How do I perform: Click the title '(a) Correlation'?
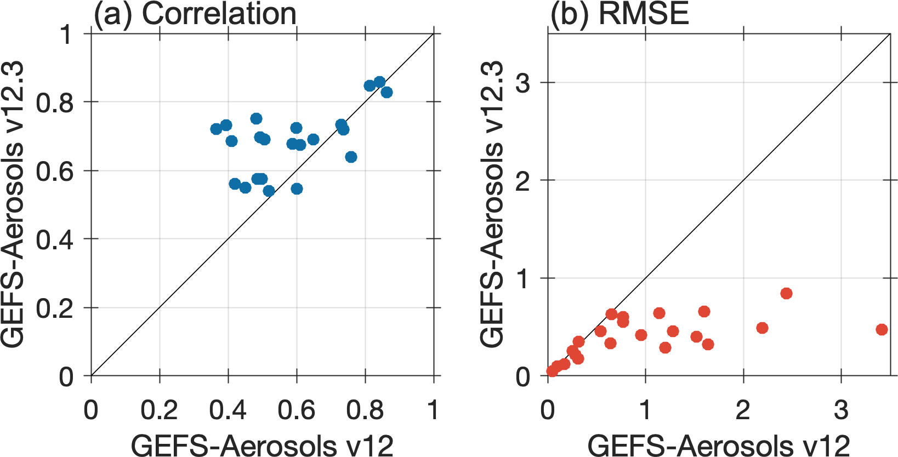click(195, 14)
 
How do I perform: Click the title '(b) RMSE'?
click(620, 14)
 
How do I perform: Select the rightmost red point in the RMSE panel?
click(882, 330)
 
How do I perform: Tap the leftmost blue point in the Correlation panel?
click(216, 129)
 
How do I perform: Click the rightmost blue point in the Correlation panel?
click(387, 93)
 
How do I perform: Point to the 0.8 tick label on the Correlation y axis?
click(55, 103)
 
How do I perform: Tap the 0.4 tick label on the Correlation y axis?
click(55, 239)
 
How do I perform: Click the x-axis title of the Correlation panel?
click(262, 444)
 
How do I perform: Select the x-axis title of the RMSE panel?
click(719, 444)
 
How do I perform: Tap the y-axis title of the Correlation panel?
click(12, 205)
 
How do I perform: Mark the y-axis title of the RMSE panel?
click(492, 205)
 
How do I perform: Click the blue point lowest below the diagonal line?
click(351, 157)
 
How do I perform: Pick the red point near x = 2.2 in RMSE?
click(762, 328)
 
